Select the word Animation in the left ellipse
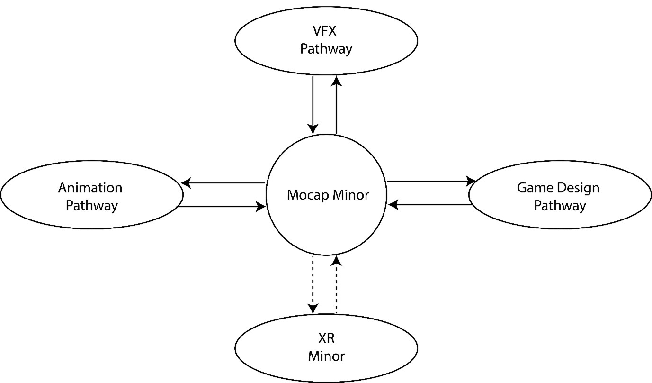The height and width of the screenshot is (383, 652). tap(90, 188)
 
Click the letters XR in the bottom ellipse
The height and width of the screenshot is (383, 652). tap(326, 339)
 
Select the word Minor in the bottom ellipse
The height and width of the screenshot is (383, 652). tap(326, 356)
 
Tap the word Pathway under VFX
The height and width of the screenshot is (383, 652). tap(326, 49)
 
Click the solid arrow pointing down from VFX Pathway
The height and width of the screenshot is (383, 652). tap(313, 104)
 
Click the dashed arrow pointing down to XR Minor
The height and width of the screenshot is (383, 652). tap(313, 284)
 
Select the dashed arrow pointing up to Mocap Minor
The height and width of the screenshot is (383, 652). tap(336, 284)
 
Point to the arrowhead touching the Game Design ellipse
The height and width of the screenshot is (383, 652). tap(472, 181)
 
